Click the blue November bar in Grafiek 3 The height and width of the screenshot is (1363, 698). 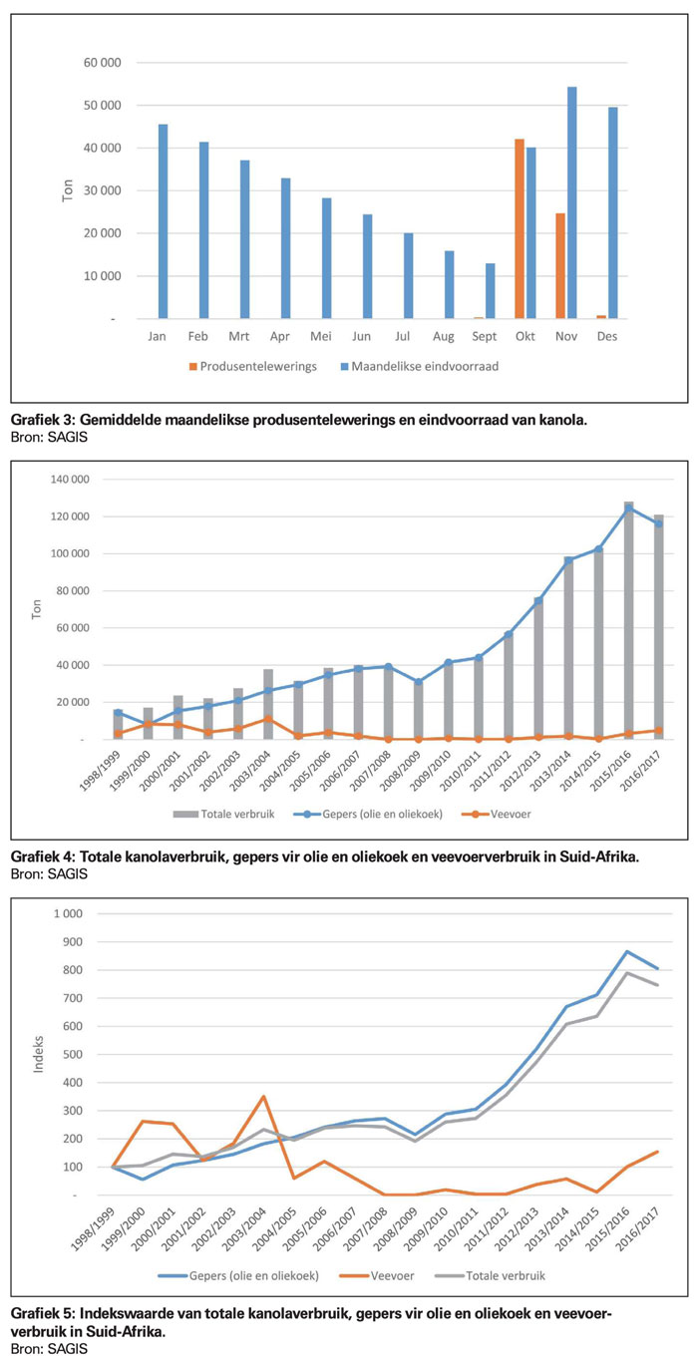[572, 202]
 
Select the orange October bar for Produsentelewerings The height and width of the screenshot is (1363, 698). [520, 228]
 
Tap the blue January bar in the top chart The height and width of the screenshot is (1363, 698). [164, 221]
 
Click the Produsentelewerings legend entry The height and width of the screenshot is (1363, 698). [253, 366]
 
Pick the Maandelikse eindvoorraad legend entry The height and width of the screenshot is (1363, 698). [419, 366]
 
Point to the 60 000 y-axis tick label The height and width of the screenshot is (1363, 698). [103, 63]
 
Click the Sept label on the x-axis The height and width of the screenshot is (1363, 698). [485, 336]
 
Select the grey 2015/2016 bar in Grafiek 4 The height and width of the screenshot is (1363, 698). [628, 620]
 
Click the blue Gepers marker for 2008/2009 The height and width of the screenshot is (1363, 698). [418, 682]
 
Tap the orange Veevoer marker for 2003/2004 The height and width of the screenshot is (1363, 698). [268, 719]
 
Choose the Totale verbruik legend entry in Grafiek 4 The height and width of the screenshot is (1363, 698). [224, 815]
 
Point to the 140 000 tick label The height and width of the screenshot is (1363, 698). [70, 480]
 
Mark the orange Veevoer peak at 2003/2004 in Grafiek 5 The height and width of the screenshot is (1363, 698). [263, 1097]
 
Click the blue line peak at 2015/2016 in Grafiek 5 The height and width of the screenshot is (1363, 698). [627, 951]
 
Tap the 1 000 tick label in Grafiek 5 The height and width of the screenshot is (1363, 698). [68, 913]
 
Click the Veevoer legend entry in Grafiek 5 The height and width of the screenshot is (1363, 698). [377, 1275]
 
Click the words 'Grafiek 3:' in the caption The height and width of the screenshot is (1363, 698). [43, 420]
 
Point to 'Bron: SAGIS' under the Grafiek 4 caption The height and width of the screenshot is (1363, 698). [49, 873]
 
